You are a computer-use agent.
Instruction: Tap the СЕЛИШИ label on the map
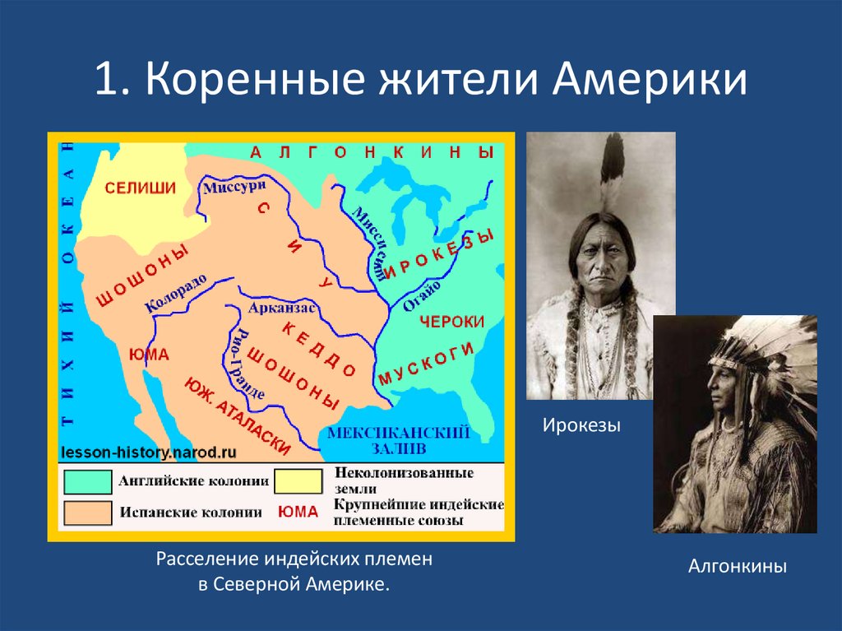(140, 188)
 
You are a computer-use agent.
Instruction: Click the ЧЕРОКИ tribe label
(451, 322)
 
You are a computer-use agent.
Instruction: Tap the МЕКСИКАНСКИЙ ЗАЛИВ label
(398, 440)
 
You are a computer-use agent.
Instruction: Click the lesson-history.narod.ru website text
(148, 452)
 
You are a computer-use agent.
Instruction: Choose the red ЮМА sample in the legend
(298, 512)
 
